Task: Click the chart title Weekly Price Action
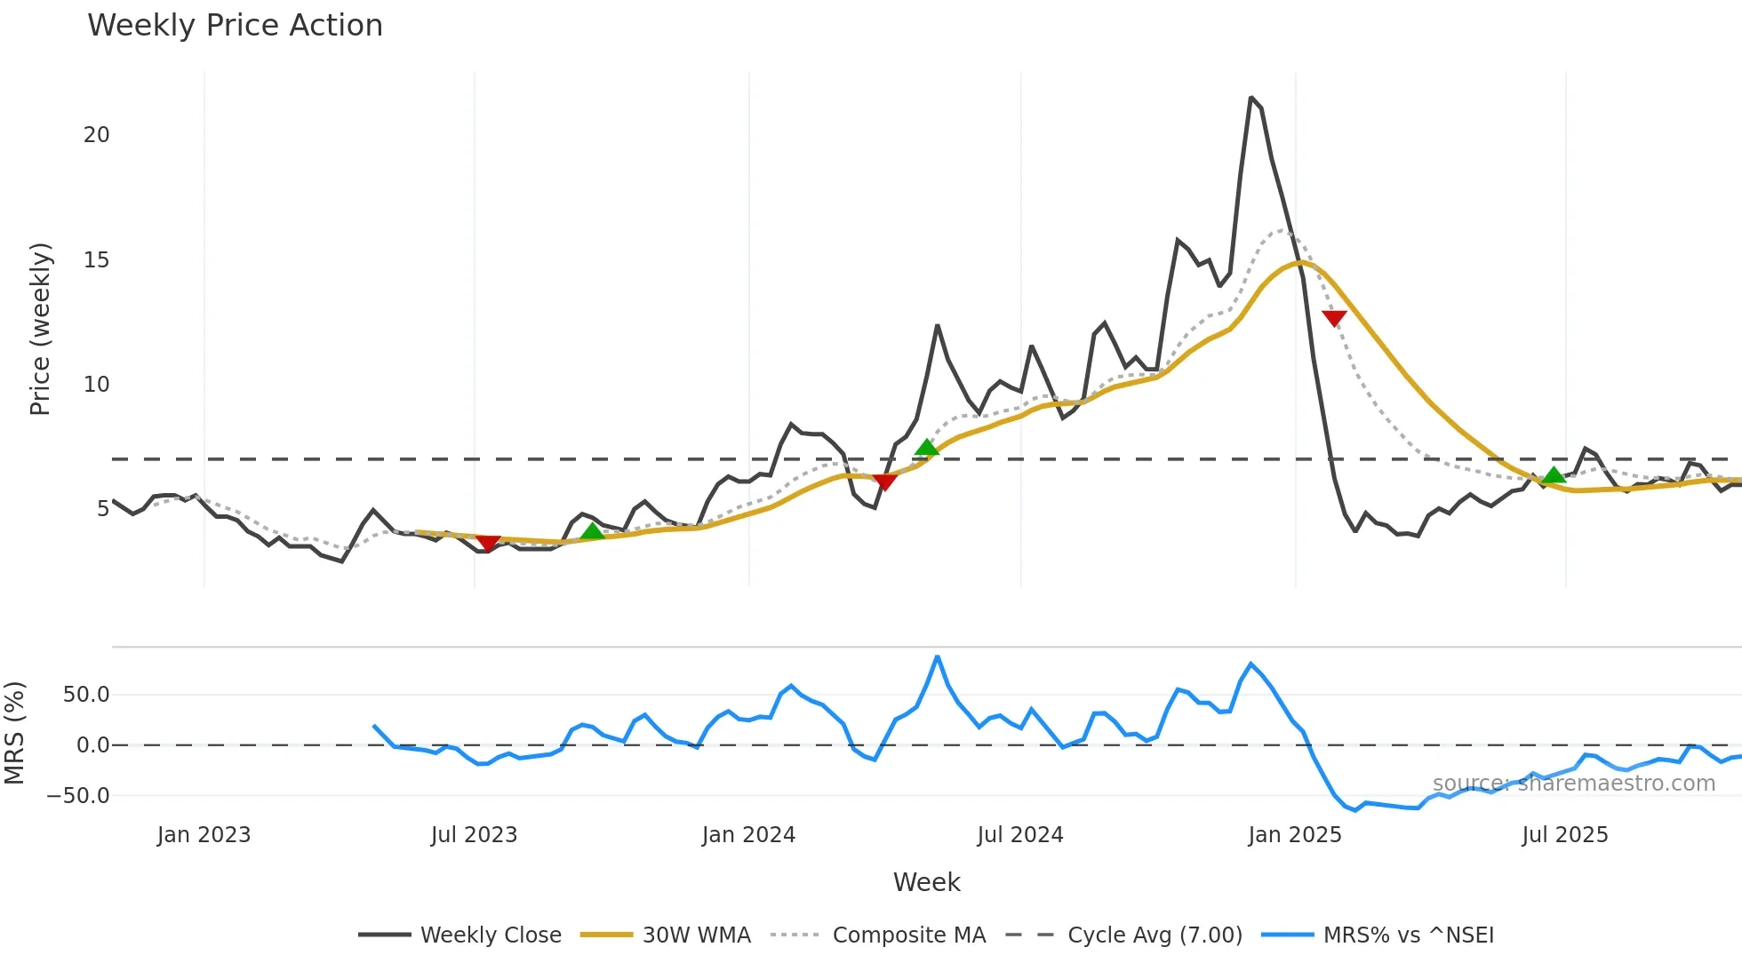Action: [x=235, y=26]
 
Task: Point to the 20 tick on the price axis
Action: [x=96, y=135]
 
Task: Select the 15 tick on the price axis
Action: [x=96, y=260]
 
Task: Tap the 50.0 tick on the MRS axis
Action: [x=86, y=695]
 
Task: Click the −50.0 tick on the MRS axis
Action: [x=78, y=796]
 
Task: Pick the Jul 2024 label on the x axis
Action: [x=1019, y=835]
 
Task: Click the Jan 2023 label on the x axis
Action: [x=204, y=835]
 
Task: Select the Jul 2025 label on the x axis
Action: [x=1564, y=835]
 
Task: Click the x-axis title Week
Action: [x=926, y=882]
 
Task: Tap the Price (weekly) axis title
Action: [x=40, y=329]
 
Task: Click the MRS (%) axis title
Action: [x=14, y=733]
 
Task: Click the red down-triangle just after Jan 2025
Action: [x=1334, y=318]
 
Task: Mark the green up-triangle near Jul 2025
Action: [x=1554, y=475]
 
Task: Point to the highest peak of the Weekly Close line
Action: [x=1251, y=98]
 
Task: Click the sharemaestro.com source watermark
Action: [x=1573, y=784]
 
